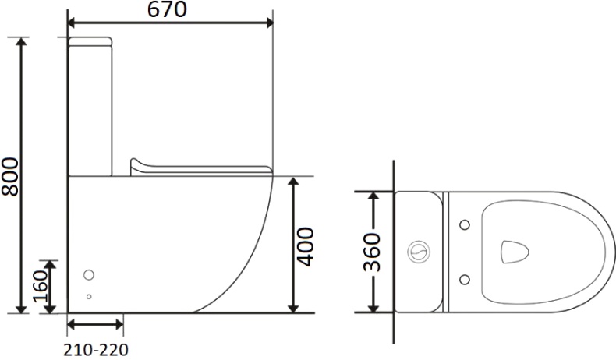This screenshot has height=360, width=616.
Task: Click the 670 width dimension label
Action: point(167,10)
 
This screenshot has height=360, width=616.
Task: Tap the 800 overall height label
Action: point(10,177)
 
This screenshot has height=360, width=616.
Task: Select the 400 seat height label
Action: point(305,246)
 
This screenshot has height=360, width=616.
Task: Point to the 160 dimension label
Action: point(40,286)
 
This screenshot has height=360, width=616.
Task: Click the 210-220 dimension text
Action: point(96,349)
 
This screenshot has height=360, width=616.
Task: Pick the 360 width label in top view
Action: point(372,252)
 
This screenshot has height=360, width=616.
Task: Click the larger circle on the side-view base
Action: point(89,275)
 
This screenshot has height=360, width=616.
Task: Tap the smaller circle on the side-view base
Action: point(89,297)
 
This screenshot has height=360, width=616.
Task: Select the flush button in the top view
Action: point(419,252)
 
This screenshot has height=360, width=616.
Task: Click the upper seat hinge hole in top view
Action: point(465,225)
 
